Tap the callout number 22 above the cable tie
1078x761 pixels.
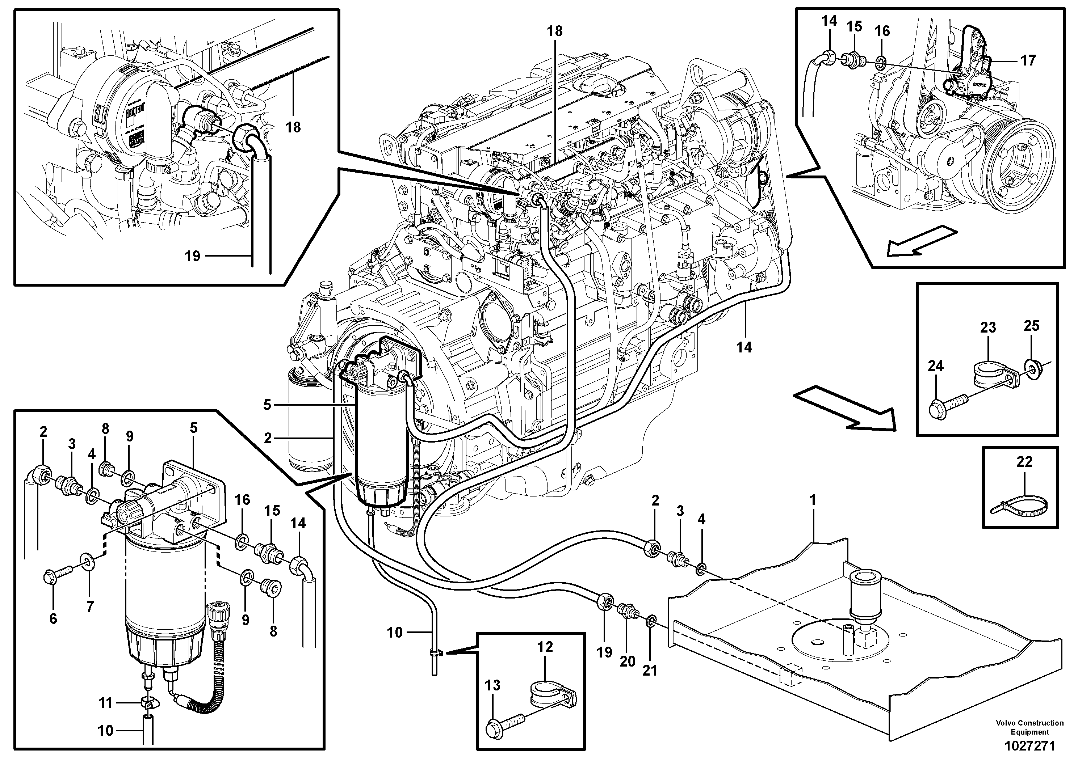(1024, 462)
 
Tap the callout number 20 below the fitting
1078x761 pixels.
(627, 661)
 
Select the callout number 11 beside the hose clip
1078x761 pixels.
(106, 703)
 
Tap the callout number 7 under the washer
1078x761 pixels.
(90, 606)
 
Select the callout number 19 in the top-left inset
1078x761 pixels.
(193, 256)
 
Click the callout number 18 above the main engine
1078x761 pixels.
(554, 31)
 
